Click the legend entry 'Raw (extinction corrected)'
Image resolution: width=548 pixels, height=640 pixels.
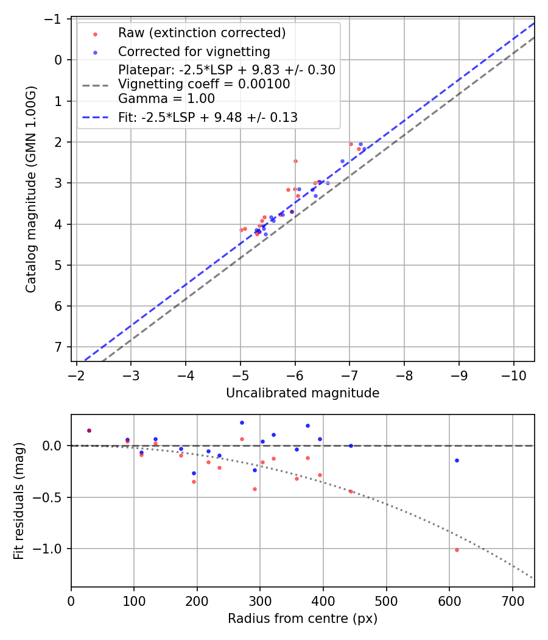tap(202, 33)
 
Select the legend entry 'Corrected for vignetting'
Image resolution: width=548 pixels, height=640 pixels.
tap(194, 51)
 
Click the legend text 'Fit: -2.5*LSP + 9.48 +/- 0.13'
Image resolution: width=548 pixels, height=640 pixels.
tap(208, 118)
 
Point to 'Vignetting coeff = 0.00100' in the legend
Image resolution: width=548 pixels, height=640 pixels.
tap(204, 84)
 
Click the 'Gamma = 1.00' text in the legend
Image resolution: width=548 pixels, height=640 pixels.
tap(166, 98)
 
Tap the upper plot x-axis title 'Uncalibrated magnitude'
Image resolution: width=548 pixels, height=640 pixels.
tap(303, 393)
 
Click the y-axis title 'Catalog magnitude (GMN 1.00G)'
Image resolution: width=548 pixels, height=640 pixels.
tap(31, 190)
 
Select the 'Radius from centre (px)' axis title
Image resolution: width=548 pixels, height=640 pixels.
tap(303, 619)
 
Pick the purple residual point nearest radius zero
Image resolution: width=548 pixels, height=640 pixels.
tap(89, 430)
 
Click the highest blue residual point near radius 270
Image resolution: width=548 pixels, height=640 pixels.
tap(242, 422)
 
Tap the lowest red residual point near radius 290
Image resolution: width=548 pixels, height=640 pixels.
tap(255, 489)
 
